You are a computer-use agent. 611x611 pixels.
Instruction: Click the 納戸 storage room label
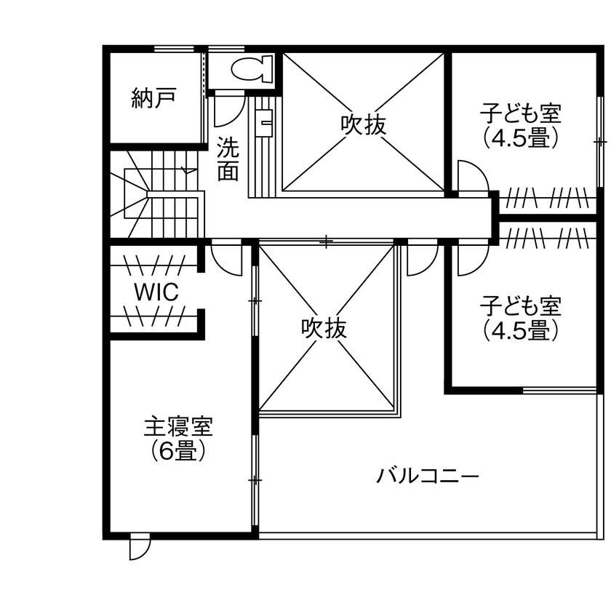coord(154,98)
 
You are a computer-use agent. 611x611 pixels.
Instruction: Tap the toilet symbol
coord(250,71)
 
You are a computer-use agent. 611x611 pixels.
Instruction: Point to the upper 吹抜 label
coord(363,124)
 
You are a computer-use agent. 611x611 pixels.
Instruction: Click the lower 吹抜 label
coord(324,328)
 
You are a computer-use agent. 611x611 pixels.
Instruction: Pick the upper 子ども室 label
coord(521,113)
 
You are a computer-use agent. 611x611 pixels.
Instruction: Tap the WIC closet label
coord(156,292)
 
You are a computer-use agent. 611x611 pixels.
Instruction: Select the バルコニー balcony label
coord(428,476)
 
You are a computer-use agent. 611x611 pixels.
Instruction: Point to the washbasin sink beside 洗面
coord(265,121)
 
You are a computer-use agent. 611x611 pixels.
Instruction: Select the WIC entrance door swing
coord(226,258)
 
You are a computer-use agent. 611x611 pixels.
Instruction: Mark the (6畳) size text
coord(178,452)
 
